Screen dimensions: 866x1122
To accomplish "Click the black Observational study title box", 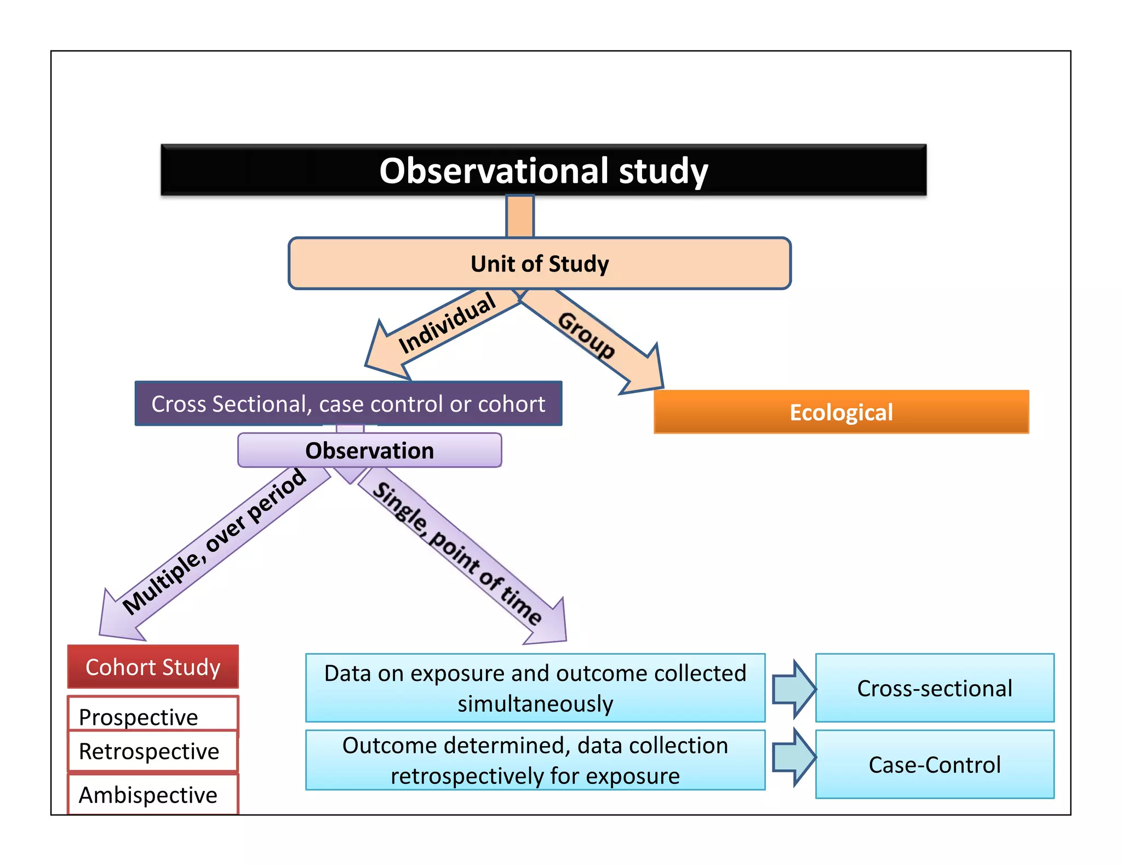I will [x=543, y=170].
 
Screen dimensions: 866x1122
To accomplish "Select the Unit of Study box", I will [x=539, y=263].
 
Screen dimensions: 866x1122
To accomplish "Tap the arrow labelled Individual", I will [x=438, y=331].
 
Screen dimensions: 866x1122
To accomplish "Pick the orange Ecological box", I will [x=841, y=412].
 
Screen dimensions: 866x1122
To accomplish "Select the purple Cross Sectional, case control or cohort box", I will [x=348, y=404].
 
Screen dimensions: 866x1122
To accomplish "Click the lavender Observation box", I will [x=369, y=451].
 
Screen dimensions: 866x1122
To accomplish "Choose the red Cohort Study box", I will [x=153, y=667].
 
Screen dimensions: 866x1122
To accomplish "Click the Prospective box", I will [x=153, y=714].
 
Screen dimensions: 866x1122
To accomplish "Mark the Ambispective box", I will [x=153, y=794].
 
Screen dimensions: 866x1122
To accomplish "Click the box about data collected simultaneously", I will [x=535, y=688].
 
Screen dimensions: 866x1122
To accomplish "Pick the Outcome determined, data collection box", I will [x=535, y=760].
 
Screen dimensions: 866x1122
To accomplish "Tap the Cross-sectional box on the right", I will [x=934, y=688].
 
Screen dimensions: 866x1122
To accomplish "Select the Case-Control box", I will [x=934, y=764].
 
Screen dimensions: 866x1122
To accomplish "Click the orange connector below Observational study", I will [x=519, y=217].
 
